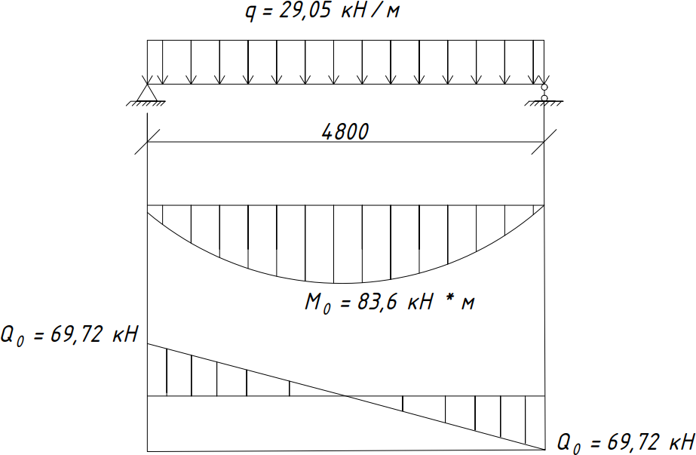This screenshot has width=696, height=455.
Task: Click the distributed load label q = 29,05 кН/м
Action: pyautogui.click(x=322, y=11)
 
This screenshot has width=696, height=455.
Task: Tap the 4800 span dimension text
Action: pyautogui.click(x=345, y=132)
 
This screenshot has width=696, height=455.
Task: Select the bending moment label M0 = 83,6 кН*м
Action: pyautogui.click(x=389, y=303)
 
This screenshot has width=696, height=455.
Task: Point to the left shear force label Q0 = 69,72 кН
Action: pyautogui.click(x=69, y=335)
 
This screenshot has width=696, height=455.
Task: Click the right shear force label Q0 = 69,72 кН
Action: pyautogui.click(x=626, y=444)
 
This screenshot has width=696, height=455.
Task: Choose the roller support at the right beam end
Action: pyautogui.click(x=544, y=92)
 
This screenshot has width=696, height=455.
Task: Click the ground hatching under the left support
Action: pyautogui.click(x=146, y=104)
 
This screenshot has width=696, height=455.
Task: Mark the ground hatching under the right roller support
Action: pyautogui.click(x=544, y=104)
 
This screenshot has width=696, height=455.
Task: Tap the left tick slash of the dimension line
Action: pyautogui.click(x=147, y=142)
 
